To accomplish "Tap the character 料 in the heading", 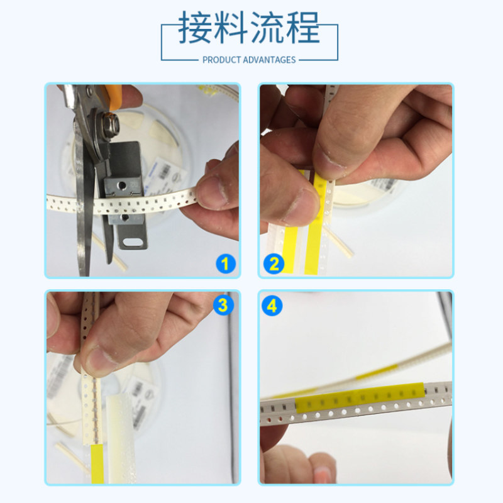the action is point(231,27).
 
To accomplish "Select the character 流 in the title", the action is point(267,27).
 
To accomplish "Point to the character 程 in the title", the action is point(302,27).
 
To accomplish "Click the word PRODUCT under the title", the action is point(222,60).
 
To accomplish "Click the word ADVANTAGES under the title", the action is point(270,60).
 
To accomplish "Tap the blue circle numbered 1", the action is point(226,264).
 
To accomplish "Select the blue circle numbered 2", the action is point(274,264).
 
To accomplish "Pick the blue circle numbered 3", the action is point(224,305).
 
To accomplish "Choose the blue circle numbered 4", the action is point(272,306).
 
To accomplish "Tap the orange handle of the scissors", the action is point(111,96).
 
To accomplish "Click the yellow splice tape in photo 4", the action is point(360,397).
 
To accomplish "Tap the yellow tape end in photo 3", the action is point(97,464).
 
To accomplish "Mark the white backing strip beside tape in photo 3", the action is point(120,439).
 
